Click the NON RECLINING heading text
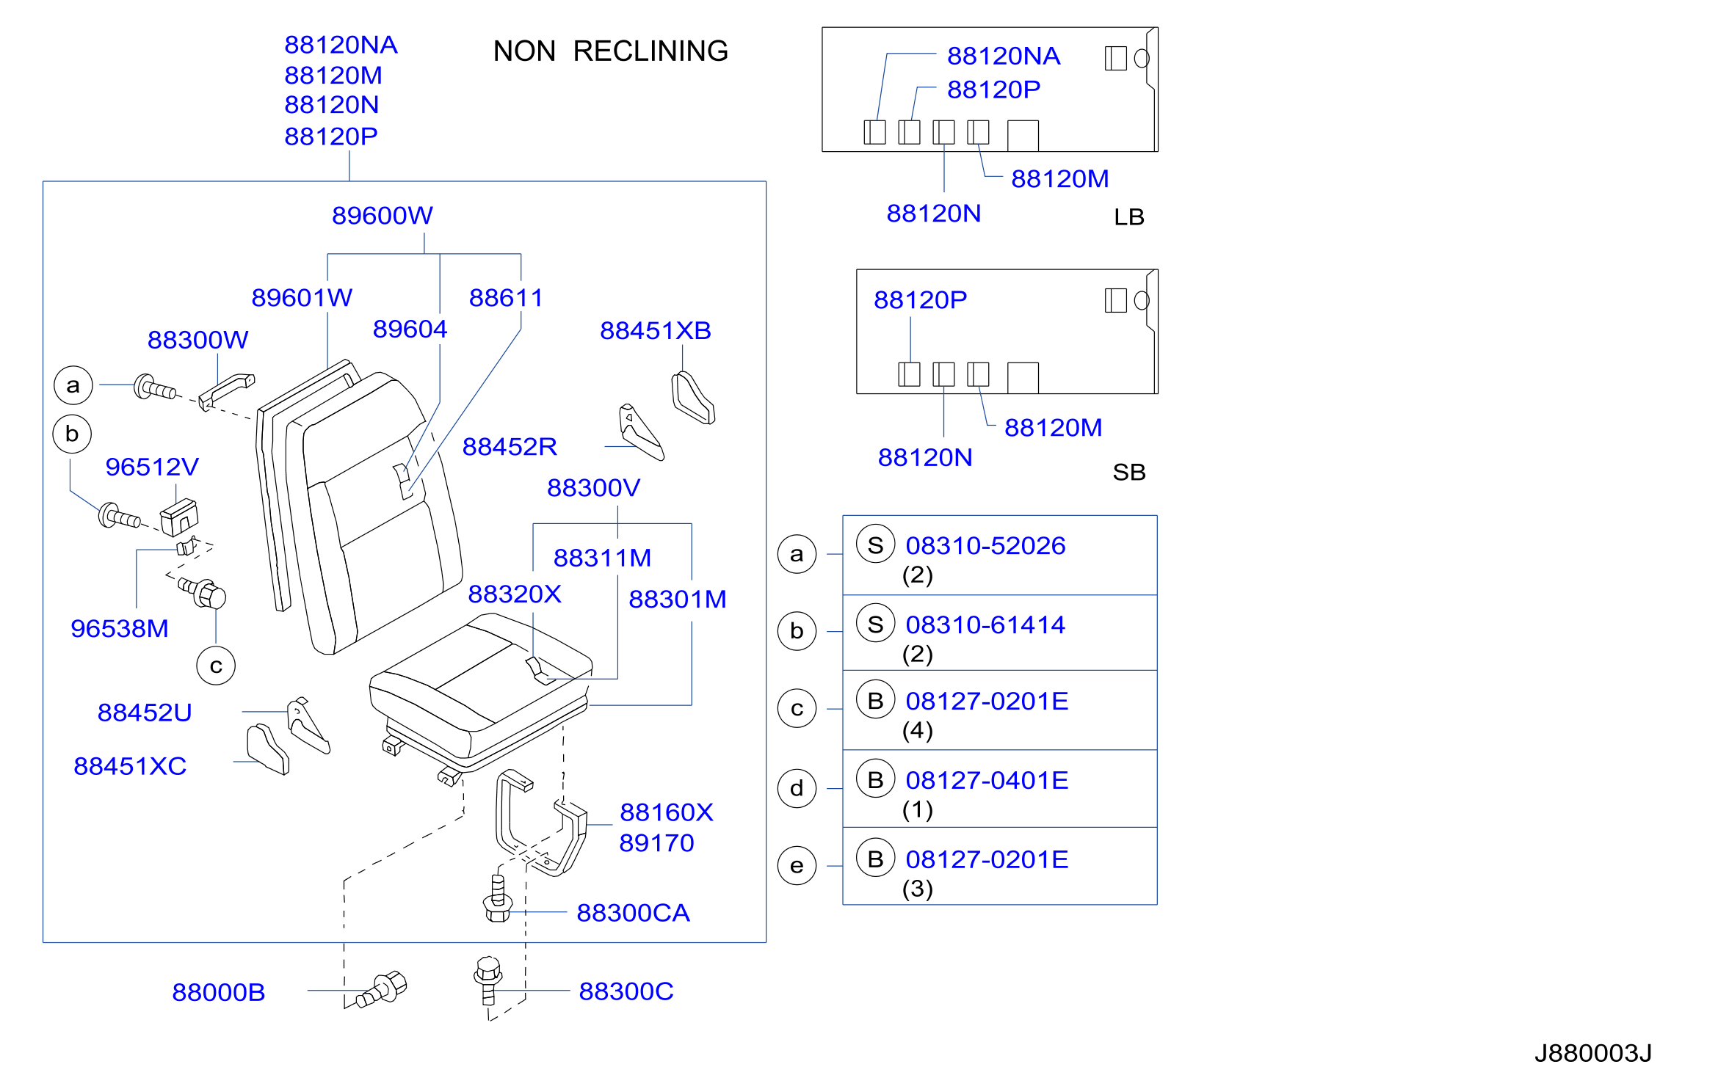[x=610, y=51]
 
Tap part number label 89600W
[x=382, y=215]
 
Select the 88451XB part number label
[x=655, y=330]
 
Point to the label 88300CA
[x=633, y=912]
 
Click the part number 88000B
[x=218, y=991]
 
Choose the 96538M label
[x=119, y=628]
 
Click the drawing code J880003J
[x=1592, y=1053]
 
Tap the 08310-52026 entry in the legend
[x=985, y=545]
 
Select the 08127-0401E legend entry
[x=987, y=780]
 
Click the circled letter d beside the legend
[x=797, y=788]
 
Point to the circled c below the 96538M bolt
[x=216, y=666]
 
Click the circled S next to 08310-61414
[x=875, y=624]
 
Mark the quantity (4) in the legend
[x=917, y=730]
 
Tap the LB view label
[x=1128, y=216]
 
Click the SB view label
[x=1128, y=472]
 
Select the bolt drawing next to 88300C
[x=488, y=980]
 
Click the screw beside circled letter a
[x=155, y=387]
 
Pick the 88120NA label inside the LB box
[x=1003, y=56]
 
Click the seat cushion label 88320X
[x=514, y=594]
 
